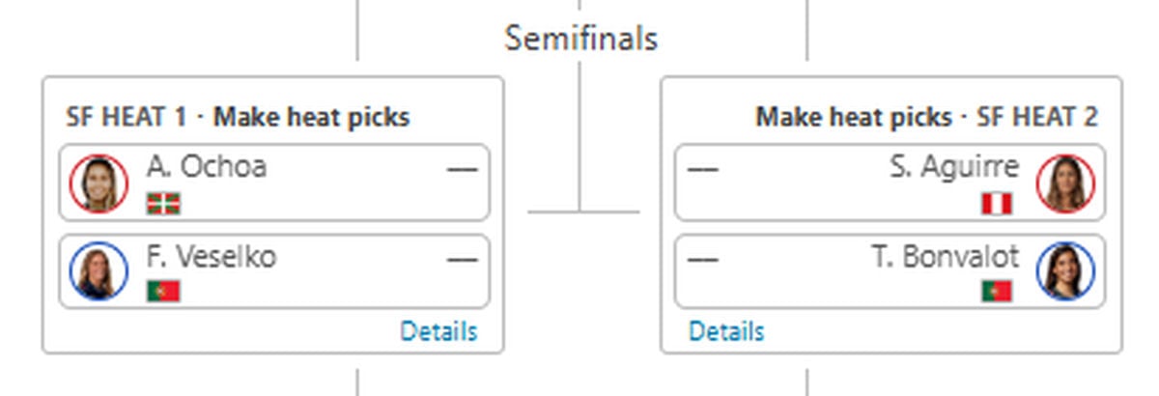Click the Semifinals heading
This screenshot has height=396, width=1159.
tap(580, 39)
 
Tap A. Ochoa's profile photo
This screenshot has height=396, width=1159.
tap(99, 184)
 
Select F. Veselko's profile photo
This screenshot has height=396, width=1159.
tap(99, 270)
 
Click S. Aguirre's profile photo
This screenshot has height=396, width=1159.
tap(1065, 184)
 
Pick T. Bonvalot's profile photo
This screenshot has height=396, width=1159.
tap(1065, 270)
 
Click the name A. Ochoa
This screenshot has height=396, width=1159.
tap(207, 167)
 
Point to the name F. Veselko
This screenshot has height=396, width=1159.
tap(212, 257)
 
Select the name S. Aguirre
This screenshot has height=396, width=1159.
tap(954, 168)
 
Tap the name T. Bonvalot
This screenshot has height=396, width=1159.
tap(946, 257)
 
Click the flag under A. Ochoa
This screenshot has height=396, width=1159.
tap(163, 204)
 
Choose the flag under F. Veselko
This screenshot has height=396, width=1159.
tap(163, 291)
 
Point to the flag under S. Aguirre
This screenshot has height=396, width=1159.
tap(997, 204)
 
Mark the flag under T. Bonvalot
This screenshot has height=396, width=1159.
tap(997, 291)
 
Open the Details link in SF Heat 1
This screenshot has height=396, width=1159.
tap(438, 331)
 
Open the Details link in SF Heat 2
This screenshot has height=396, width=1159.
tap(726, 331)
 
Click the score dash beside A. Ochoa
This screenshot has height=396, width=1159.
tap(462, 169)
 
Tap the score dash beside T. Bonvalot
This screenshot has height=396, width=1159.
tap(703, 259)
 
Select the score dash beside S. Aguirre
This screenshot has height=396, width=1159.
tap(703, 169)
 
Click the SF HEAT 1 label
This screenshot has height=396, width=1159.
tap(126, 117)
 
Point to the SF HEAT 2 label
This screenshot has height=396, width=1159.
tap(1037, 117)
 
